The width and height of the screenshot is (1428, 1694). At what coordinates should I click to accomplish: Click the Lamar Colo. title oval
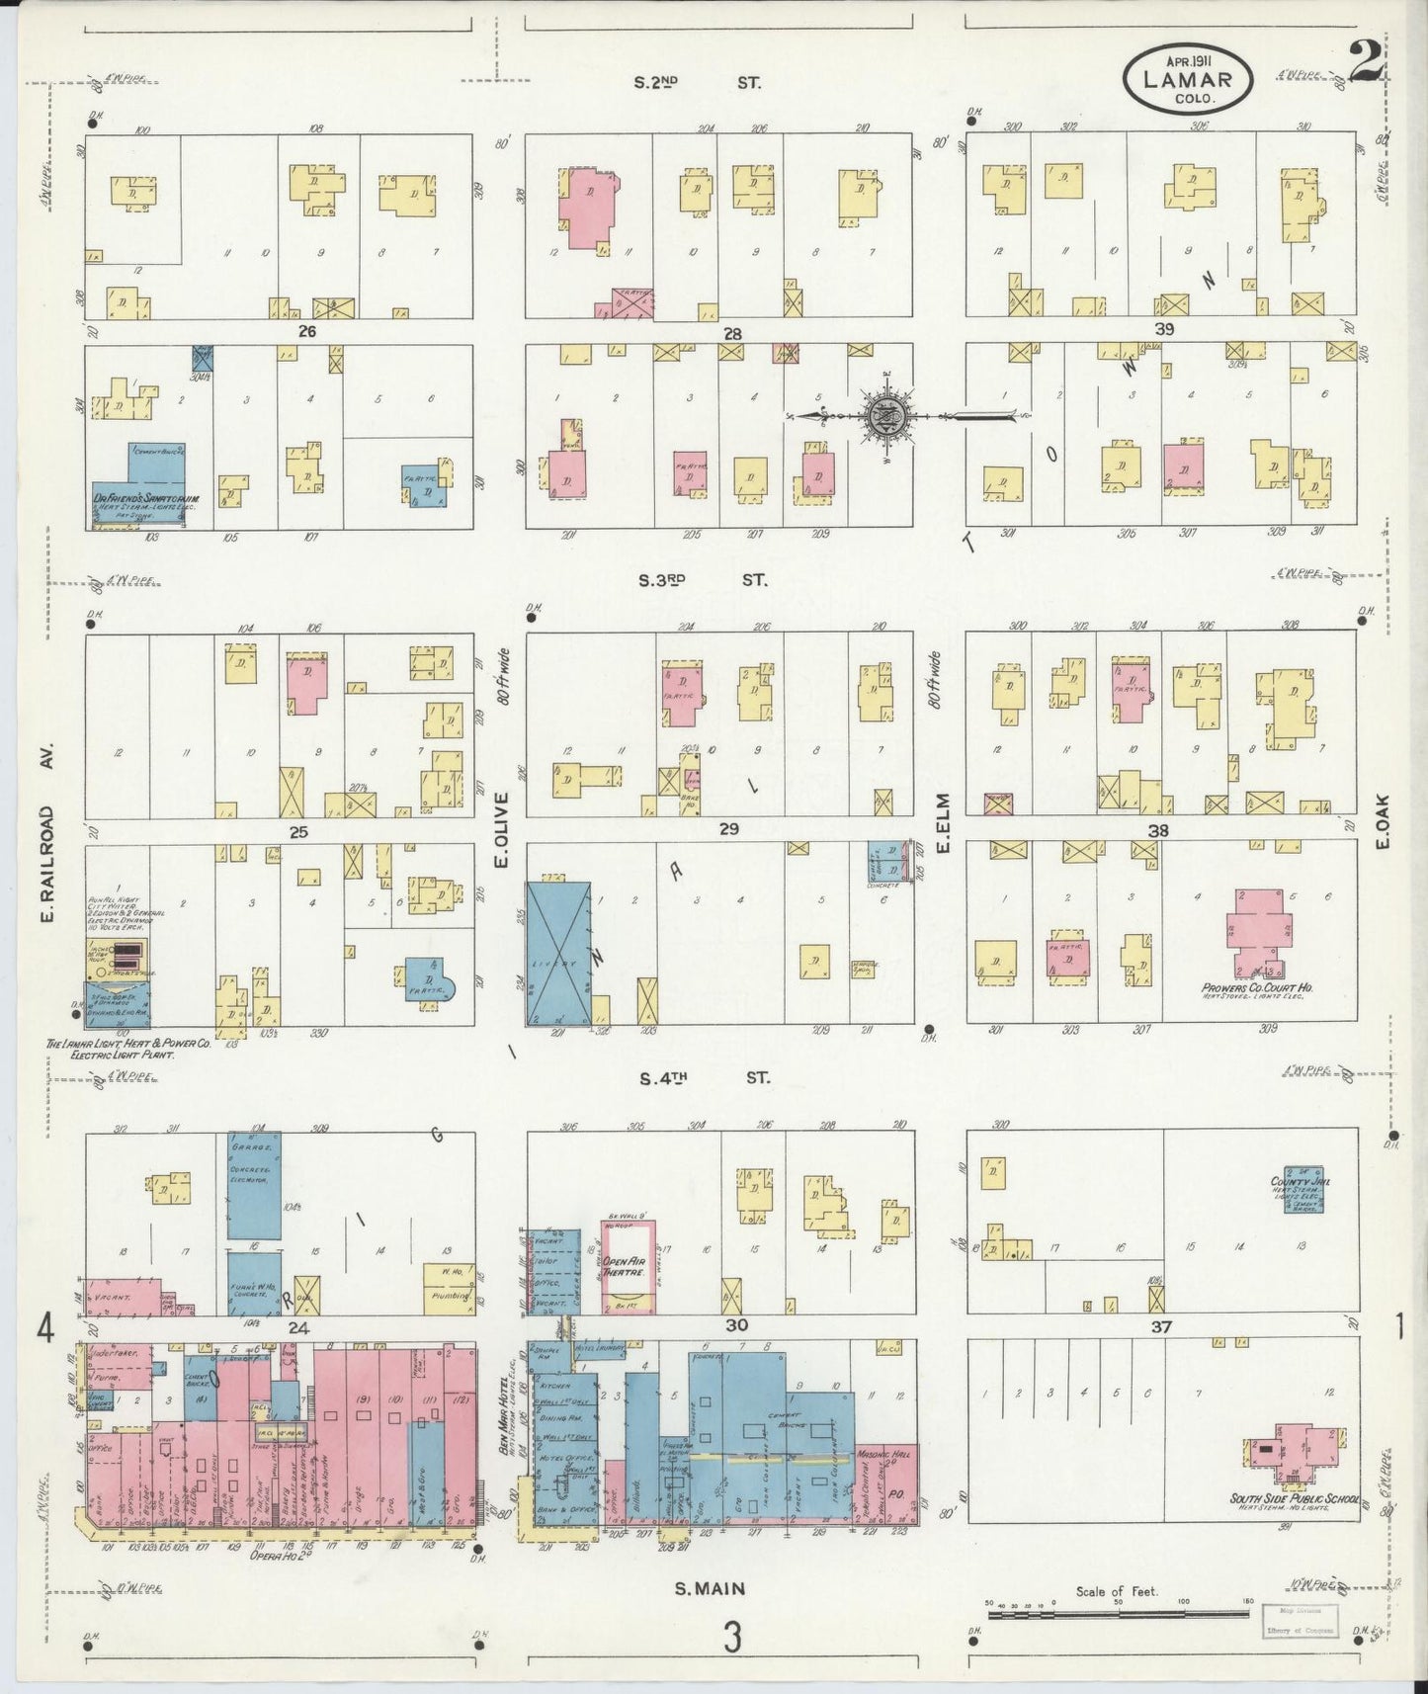1187,78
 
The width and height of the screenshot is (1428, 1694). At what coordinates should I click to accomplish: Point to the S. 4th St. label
703,1078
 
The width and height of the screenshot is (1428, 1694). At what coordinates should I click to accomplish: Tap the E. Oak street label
1382,822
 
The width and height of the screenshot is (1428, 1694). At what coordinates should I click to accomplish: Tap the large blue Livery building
558,955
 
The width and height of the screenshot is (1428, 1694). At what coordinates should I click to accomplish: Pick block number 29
728,829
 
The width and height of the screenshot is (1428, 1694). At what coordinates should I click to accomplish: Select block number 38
1157,831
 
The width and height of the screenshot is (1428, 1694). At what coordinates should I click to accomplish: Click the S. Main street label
710,1590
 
